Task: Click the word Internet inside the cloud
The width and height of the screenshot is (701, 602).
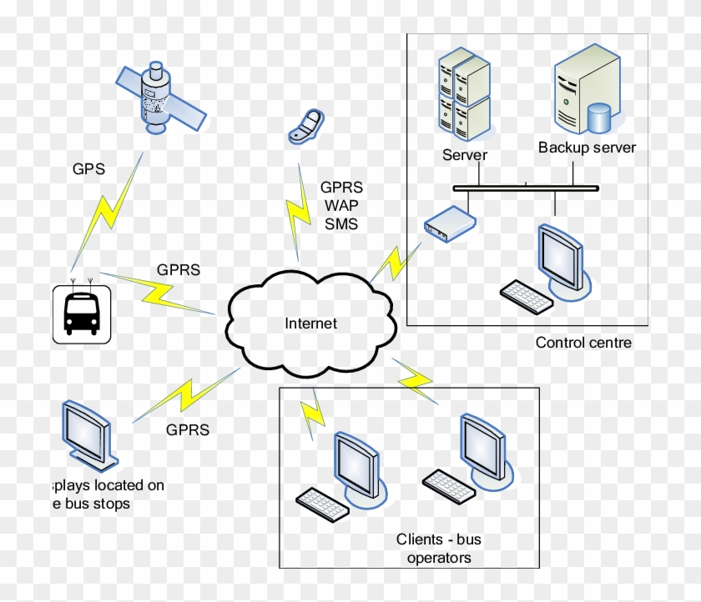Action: tap(310, 324)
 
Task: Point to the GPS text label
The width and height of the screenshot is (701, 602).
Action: tap(88, 169)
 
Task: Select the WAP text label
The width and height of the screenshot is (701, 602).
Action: tap(340, 204)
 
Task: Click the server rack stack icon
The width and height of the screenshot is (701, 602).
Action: tap(464, 92)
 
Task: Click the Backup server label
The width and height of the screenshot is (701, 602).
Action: tap(587, 148)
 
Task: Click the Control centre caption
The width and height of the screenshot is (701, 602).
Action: tap(583, 343)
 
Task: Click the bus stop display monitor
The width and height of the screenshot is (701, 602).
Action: tap(86, 430)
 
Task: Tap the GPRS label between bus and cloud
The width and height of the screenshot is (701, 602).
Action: tap(179, 271)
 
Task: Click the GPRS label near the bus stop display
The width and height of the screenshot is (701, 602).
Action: tap(187, 430)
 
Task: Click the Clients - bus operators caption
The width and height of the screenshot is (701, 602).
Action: tap(439, 549)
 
